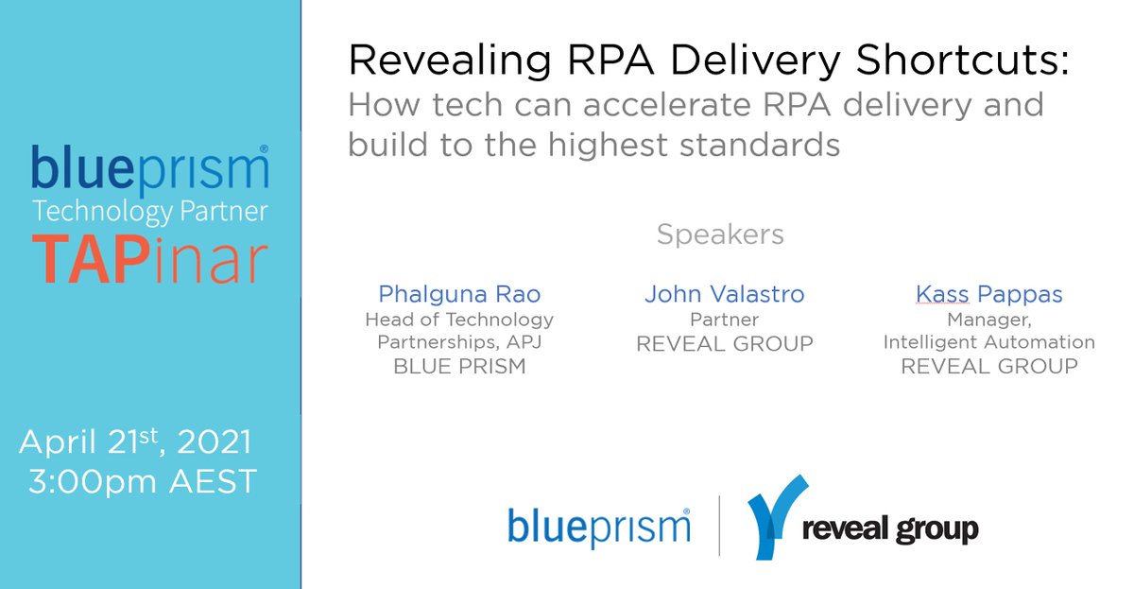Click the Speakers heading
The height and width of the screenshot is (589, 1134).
(720, 234)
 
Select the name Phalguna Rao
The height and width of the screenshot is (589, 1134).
(458, 294)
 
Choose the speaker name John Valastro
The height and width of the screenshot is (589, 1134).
(724, 294)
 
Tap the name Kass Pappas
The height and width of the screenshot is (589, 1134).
(988, 294)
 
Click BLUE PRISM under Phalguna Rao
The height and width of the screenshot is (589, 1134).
(459, 367)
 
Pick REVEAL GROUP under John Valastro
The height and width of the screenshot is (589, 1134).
(724, 344)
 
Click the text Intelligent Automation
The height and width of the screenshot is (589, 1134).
(988, 342)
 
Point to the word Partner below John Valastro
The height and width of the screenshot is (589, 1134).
(724, 320)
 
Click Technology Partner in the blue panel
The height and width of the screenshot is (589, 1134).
(149, 210)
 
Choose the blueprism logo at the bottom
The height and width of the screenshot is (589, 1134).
(598, 526)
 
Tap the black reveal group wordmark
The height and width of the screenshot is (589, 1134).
(889, 529)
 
